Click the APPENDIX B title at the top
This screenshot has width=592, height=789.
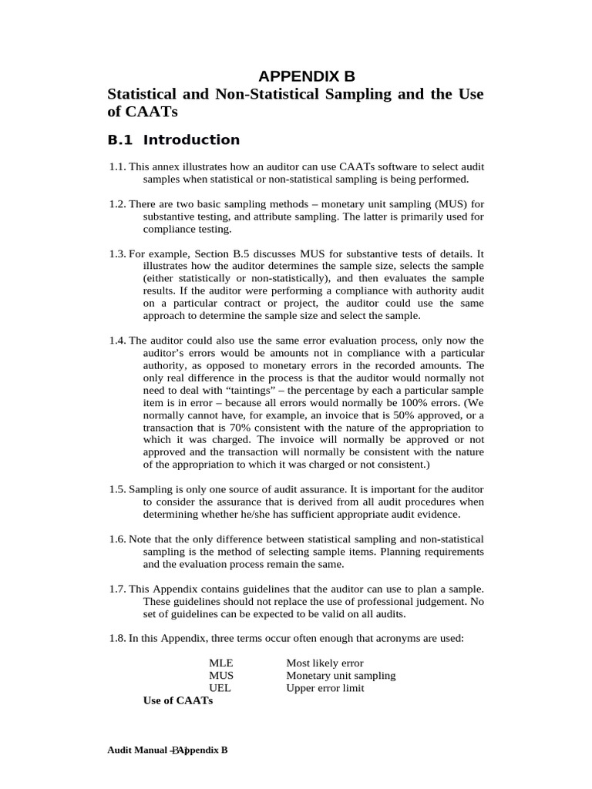307,76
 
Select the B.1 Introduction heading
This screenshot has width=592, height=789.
173,139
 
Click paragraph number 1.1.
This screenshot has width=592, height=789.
117,167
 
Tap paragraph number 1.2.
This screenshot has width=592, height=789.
117,204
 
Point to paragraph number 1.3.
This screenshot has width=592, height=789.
117,253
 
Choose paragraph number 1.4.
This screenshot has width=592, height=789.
117,341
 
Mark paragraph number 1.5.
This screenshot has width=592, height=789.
117,489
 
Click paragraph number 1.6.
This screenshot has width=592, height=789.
117,539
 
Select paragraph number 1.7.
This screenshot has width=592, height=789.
117,589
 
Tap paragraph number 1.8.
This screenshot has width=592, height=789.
117,638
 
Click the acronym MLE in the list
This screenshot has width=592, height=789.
220,663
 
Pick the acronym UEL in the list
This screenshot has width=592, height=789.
220,688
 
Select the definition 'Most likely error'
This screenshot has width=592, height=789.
325,663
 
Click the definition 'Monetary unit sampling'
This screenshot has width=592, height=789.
341,676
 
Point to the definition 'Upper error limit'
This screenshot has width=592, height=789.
325,688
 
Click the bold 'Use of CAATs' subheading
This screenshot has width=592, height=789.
178,700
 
